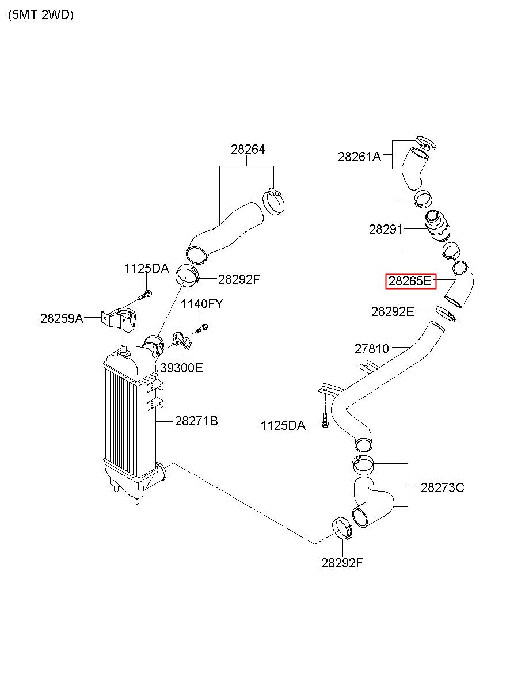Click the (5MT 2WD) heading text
[41, 14]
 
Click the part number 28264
[248, 150]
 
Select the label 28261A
[359, 157]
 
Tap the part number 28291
[386, 229]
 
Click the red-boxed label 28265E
[410, 281]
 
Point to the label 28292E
[393, 311]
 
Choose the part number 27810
[372, 349]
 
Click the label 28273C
[442, 487]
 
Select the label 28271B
[196, 421]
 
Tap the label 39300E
[181, 368]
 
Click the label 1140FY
[202, 304]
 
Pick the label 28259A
[62, 318]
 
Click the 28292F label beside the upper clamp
[239, 279]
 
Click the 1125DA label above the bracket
[147, 268]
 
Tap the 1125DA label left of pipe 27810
[283, 426]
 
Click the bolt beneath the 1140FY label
[202, 328]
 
